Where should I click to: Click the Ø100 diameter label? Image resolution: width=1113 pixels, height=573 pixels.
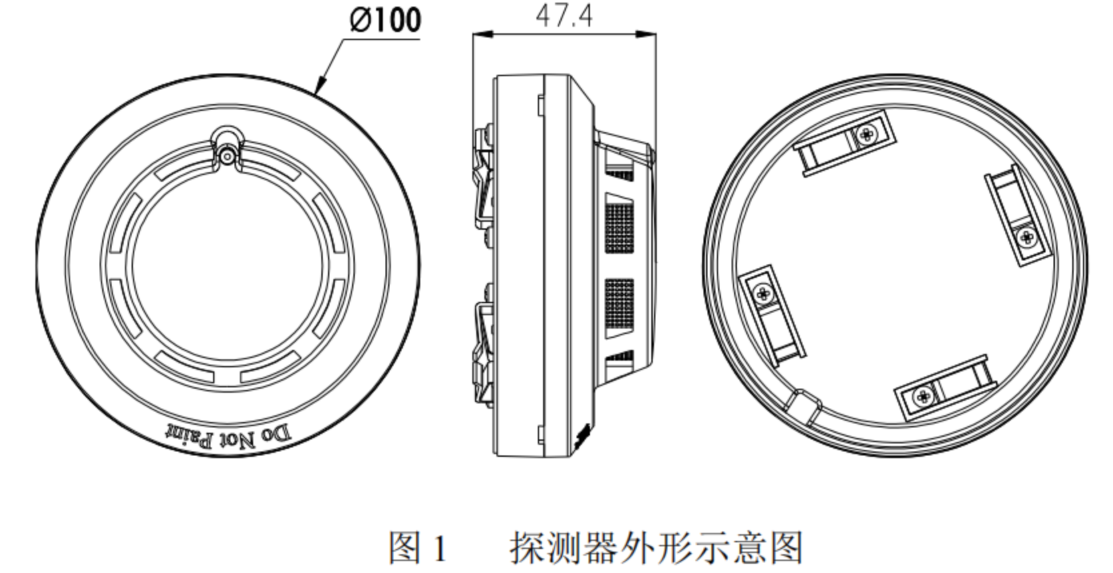tap(385, 19)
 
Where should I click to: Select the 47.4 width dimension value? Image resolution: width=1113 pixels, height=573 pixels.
tap(564, 15)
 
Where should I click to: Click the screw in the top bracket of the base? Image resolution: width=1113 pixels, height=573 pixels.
tap(866, 134)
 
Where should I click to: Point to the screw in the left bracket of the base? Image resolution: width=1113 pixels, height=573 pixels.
tap(762, 292)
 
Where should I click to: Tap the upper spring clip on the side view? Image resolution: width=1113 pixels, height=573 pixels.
tap(484, 177)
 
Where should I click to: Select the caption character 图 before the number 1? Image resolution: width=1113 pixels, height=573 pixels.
tap(405, 548)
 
